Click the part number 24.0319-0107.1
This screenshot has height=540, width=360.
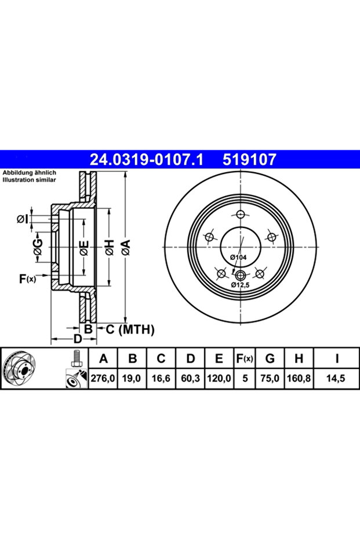tap(144, 158)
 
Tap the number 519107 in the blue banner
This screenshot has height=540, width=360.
tap(250, 158)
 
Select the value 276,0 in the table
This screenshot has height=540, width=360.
tap(104, 378)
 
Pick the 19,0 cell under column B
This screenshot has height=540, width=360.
tap(132, 378)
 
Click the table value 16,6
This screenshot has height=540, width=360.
tap(161, 378)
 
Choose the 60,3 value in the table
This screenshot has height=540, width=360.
tap(190, 378)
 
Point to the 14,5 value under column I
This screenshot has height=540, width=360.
tap(337, 378)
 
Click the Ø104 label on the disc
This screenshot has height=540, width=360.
tap(238, 256)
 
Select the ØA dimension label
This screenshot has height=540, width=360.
tap(126, 249)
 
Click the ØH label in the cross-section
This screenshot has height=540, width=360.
tap(108, 249)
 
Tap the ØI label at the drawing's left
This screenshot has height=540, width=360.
tap(21, 219)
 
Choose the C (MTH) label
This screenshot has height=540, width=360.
tap(129, 329)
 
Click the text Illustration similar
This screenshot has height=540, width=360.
tap(28, 180)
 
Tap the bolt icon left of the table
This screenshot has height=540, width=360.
tap(74, 359)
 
